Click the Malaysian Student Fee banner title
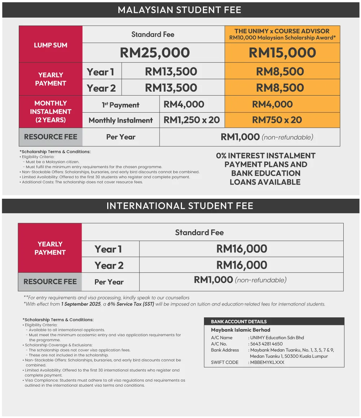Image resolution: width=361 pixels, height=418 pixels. pyautogui.click(x=179, y=10)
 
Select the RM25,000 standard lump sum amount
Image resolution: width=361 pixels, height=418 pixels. pyautogui.click(x=155, y=53)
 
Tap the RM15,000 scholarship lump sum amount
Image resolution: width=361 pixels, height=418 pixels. pyautogui.click(x=282, y=53)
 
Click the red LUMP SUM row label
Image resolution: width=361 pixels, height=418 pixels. pyautogui.click(x=51, y=45)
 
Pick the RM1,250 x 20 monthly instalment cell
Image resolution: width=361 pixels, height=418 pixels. pyautogui.click(x=192, y=120)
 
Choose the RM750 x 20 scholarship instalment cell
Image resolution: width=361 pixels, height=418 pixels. pyautogui.click(x=277, y=120)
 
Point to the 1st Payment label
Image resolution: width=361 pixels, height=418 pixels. pyautogui.click(x=121, y=105)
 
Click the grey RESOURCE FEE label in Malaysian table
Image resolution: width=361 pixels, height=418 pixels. pyautogui.click(x=51, y=137)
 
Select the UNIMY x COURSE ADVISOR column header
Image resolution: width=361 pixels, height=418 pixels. pyautogui.click(x=282, y=34)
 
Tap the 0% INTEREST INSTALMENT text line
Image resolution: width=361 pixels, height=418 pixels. pyautogui.click(x=266, y=156)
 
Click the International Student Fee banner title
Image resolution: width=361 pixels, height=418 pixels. pyautogui.click(x=180, y=206)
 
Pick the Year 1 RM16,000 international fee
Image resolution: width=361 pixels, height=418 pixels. pyautogui.click(x=242, y=249)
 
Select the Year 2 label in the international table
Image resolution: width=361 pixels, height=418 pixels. pyautogui.click(x=109, y=265)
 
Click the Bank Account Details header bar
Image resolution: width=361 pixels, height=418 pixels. pyautogui.click(x=274, y=321)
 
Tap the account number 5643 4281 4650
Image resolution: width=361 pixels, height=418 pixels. pyautogui.click(x=266, y=344)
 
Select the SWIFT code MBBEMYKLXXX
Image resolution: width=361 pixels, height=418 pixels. pyautogui.click(x=268, y=362)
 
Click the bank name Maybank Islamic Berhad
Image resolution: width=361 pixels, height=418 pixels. pyautogui.click(x=240, y=330)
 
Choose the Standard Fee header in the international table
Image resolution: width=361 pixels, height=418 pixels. pyautogui.click(x=199, y=233)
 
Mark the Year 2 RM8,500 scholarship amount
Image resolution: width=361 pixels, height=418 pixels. pyautogui.click(x=280, y=88)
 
